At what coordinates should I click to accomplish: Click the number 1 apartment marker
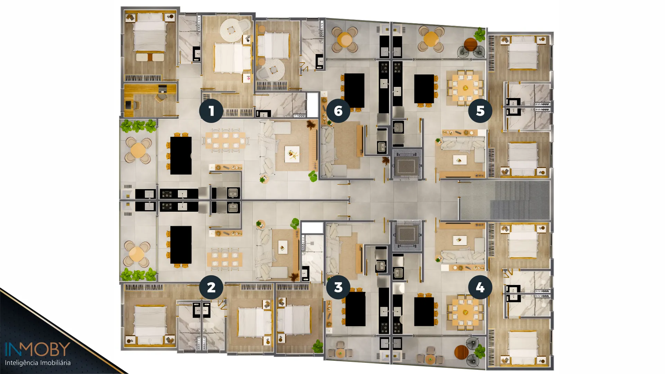coord(211,111)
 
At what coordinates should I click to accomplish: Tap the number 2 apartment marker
coord(211,287)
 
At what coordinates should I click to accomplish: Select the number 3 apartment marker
coord(338,287)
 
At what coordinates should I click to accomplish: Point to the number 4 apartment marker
coord(480,287)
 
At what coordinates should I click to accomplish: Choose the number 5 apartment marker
coord(480,111)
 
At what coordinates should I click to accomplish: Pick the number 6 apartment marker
coord(338,111)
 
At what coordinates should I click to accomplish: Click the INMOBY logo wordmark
coord(37,349)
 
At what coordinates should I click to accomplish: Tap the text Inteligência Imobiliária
coord(38,363)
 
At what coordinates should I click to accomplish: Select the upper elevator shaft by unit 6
coord(407,165)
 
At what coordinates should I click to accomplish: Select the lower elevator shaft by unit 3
coord(407,235)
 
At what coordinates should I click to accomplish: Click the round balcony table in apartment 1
coord(138,150)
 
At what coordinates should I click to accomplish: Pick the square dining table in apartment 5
coord(465,88)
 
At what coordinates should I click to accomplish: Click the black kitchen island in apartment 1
coord(181,155)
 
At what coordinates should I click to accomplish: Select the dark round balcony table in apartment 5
coord(471,44)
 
